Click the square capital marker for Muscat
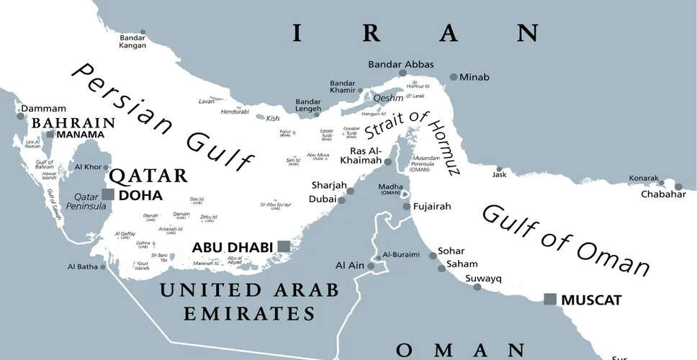[x=550, y=299]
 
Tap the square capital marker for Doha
[x=108, y=194]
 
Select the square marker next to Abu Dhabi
[x=284, y=247]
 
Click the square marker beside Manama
[x=50, y=134]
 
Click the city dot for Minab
[x=453, y=77]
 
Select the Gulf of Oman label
[x=565, y=239]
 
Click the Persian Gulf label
[x=162, y=119]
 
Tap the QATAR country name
[x=148, y=176]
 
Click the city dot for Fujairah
[x=407, y=207]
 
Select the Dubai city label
[x=323, y=199]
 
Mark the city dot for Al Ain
[x=371, y=266]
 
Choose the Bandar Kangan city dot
[x=143, y=32]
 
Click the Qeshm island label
[x=387, y=98]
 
